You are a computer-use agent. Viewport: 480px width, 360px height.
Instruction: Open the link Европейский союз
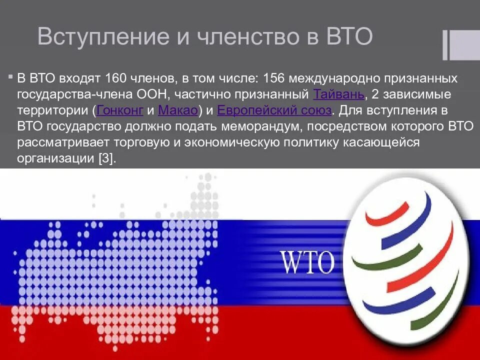point(274,110)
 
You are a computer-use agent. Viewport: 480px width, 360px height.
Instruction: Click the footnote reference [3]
point(106,158)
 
